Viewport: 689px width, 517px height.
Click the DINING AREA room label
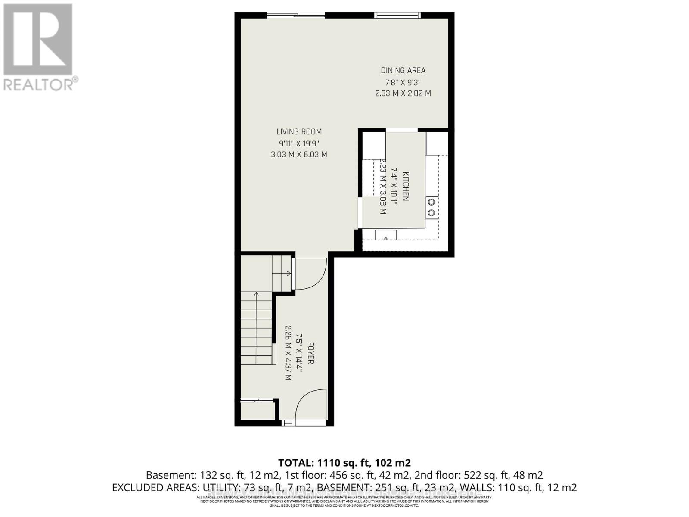coord(403,71)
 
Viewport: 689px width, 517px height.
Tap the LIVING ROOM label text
coord(299,132)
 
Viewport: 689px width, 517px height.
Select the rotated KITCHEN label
coord(405,186)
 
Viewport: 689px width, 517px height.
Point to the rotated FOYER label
coord(310,353)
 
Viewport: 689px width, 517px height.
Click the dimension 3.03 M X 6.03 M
coord(299,154)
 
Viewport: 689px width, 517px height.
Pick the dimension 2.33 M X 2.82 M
coord(403,93)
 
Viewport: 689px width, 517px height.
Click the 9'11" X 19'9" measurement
coord(299,143)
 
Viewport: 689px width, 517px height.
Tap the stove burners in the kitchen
coord(431,207)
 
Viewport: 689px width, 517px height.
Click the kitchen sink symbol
coord(386,235)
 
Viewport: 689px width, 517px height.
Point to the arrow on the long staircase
coord(256,296)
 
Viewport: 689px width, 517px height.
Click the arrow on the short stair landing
coord(287,273)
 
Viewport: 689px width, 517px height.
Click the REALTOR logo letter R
coord(38,40)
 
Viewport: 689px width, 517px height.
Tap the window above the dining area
coord(397,16)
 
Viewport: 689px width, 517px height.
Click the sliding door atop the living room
coord(295,16)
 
